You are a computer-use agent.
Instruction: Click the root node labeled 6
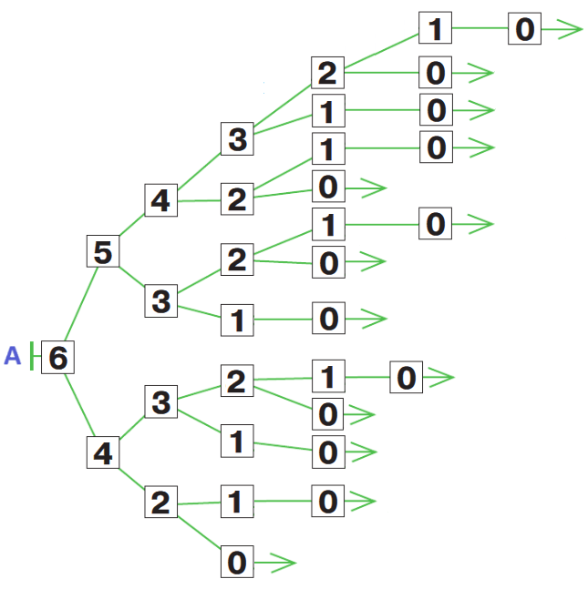pyautogui.click(x=57, y=357)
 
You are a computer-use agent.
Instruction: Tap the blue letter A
pyautogui.click(x=12, y=356)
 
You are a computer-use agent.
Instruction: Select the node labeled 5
pyautogui.click(x=103, y=251)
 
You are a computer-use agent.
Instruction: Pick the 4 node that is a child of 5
pyautogui.click(x=160, y=199)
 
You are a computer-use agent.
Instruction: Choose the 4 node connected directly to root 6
pyautogui.click(x=103, y=452)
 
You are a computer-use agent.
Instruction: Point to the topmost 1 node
pyautogui.click(x=435, y=29)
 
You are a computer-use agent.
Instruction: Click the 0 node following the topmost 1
pyautogui.click(x=524, y=29)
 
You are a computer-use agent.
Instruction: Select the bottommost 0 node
pyautogui.click(x=236, y=563)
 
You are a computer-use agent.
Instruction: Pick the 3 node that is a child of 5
pyautogui.click(x=160, y=300)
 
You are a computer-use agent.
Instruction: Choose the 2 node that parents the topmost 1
pyautogui.click(x=327, y=72)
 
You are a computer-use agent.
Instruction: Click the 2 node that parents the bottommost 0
pyautogui.click(x=160, y=503)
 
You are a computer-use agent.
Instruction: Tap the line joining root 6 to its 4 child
pyautogui.click(x=81, y=406)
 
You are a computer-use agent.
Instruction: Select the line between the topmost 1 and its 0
pyautogui.click(x=480, y=29)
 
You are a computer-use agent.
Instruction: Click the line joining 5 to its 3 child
pyautogui.click(x=131, y=276)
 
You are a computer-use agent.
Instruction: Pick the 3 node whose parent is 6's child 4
pyautogui.click(x=160, y=401)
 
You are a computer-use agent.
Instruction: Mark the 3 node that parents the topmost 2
pyautogui.click(x=236, y=139)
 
